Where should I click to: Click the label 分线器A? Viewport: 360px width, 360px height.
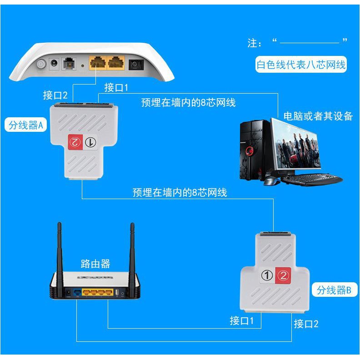point(25,125)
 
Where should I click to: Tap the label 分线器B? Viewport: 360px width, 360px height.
point(334,290)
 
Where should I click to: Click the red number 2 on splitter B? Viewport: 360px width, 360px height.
point(283,275)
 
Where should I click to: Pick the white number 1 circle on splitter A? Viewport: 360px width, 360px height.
point(90,142)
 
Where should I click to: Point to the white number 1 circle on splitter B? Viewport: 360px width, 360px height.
point(268,275)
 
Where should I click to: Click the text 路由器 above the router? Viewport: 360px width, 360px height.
point(95,264)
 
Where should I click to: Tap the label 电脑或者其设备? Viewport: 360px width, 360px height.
point(318,116)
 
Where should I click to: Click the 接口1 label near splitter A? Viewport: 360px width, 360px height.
point(117,87)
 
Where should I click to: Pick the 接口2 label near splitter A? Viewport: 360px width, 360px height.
point(55,95)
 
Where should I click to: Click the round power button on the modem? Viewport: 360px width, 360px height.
point(41,64)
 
